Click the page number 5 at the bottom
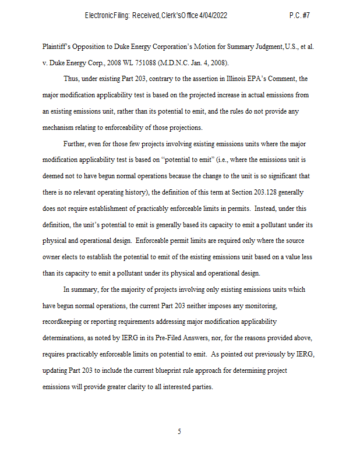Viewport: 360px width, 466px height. (179, 432)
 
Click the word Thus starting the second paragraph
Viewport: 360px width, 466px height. (72, 78)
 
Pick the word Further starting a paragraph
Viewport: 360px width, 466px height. (76, 143)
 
